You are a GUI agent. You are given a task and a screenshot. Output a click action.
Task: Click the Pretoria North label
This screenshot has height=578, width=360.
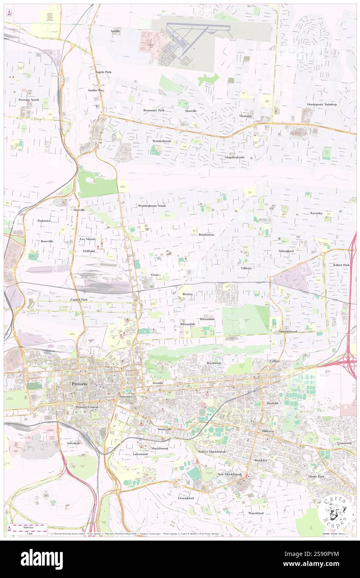[x=29, y=100]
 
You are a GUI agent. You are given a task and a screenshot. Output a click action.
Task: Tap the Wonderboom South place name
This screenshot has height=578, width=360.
[x=152, y=206]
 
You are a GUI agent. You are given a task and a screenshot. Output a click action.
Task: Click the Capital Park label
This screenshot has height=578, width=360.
[x=79, y=299]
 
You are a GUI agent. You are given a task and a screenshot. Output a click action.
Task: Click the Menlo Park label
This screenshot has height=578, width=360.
[x=317, y=477]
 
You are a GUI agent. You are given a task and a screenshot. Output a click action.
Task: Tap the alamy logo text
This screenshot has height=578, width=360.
[x=42, y=559]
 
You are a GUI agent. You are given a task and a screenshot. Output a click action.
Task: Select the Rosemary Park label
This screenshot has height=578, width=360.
[x=154, y=110]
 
